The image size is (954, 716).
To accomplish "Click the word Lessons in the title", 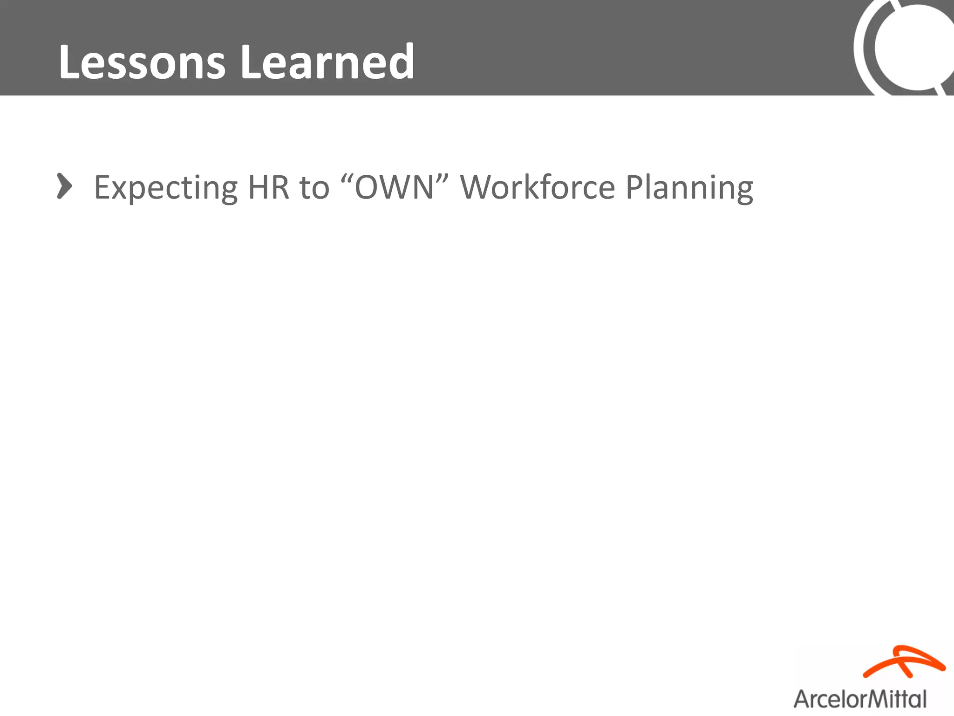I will (142, 62).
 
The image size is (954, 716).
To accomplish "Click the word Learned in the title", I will (327, 62).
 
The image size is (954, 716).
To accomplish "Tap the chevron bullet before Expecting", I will (64, 186).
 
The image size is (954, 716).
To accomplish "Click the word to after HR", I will (314, 188).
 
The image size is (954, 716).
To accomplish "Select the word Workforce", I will (538, 187).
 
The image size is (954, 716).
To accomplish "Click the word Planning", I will (689, 188).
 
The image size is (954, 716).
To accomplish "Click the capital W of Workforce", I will (476, 187).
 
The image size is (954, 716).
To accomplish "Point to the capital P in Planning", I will (634, 187).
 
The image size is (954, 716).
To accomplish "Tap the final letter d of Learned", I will (402, 62).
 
